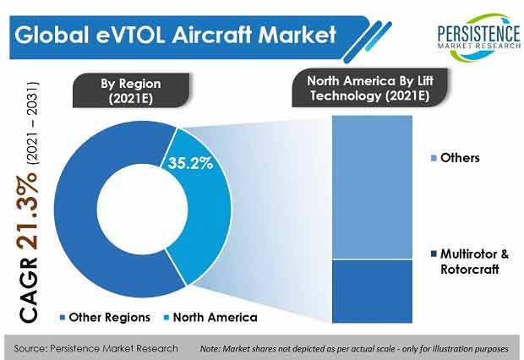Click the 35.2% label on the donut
(190, 163)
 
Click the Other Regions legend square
(63, 317)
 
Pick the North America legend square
(166, 317)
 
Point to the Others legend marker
(434, 158)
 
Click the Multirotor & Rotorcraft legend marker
(434, 254)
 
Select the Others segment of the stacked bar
(372, 188)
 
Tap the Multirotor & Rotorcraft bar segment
(372, 292)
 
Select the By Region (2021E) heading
(131, 90)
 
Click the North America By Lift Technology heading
(370, 88)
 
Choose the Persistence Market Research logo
(479, 37)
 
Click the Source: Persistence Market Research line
(96, 348)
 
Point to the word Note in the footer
(210, 349)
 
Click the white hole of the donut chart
(142, 209)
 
